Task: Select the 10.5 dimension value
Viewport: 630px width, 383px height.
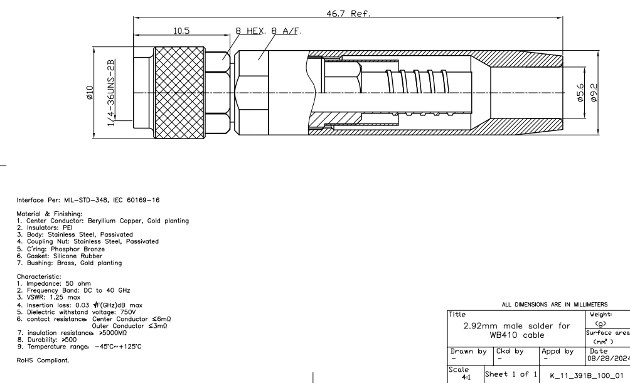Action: [183, 31]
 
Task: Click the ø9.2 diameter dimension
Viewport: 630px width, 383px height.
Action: [593, 93]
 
